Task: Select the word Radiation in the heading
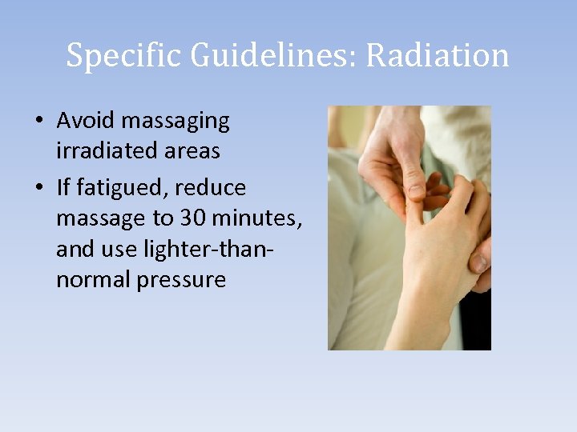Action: (438, 56)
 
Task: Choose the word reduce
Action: (212, 188)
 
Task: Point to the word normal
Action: (92, 280)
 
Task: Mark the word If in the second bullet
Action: (64, 188)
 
